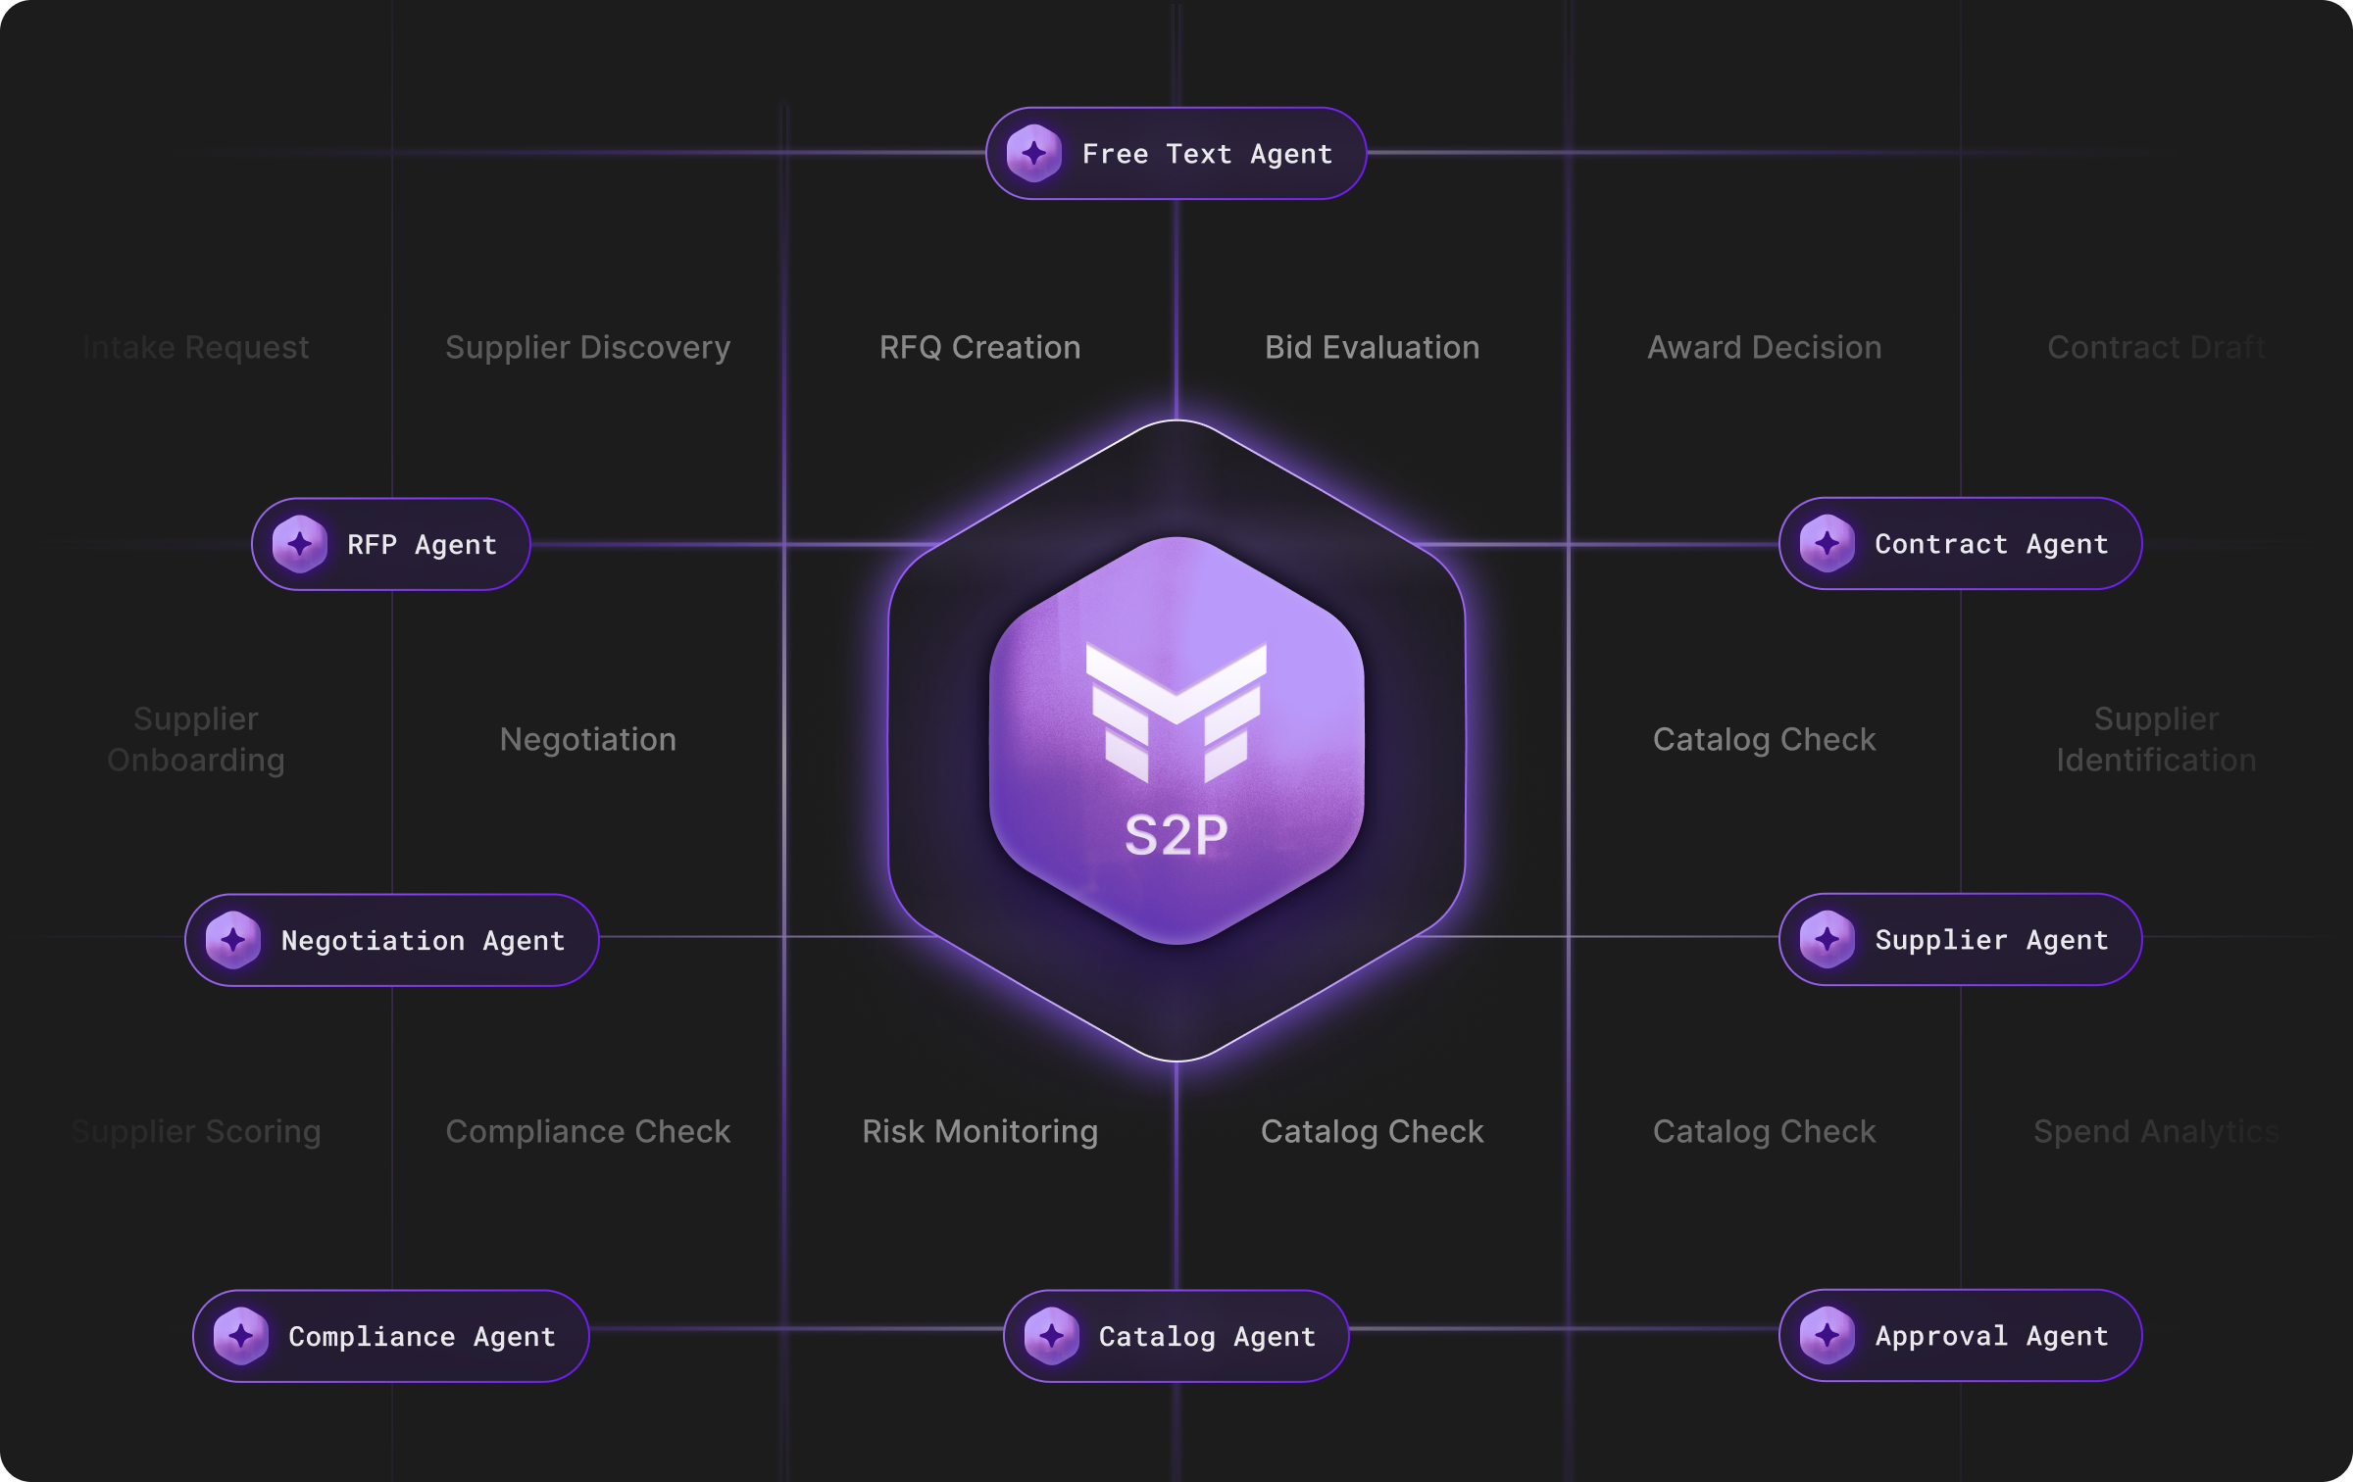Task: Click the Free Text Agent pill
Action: [x=1176, y=154]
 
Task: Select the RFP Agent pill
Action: [x=391, y=544]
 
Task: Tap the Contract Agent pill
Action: [x=1960, y=544]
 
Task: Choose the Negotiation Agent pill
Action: [x=391, y=940]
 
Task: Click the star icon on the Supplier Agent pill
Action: [x=1827, y=939]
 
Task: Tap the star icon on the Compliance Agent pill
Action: [x=241, y=1336]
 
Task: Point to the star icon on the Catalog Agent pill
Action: [x=1051, y=1336]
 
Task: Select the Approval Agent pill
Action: [x=1960, y=1335]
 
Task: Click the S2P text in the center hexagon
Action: [x=1176, y=836]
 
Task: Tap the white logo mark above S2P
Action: [x=1176, y=711]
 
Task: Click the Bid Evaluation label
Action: [x=1372, y=348]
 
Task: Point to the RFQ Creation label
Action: [x=979, y=348]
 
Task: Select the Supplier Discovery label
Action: [x=587, y=348]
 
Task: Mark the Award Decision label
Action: [x=1764, y=348]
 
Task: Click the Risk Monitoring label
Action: [x=979, y=1132]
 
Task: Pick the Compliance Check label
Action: [x=587, y=1132]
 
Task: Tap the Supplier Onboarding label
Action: [x=196, y=739]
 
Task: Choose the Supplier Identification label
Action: [x=2156, y=739]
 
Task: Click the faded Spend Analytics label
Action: [x=2154, y=1132]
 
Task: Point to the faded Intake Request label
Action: [x=196, y=348]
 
